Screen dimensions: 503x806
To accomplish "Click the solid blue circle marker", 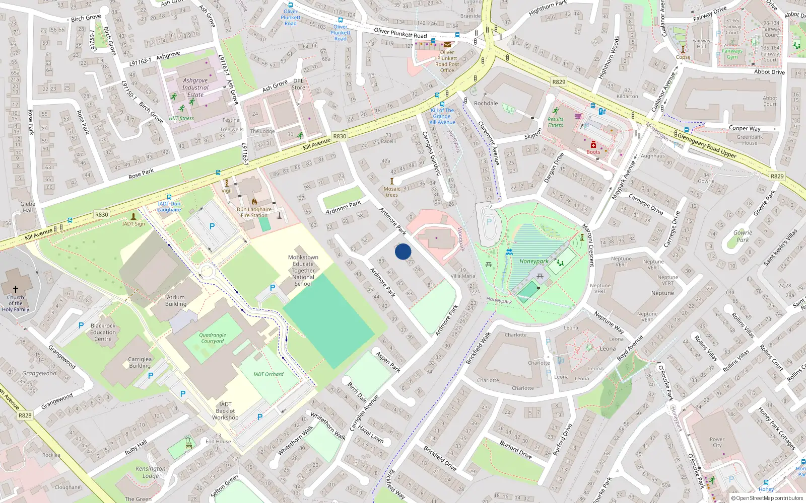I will pos(403,251).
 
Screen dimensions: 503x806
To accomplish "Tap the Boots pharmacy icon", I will pos(593,145).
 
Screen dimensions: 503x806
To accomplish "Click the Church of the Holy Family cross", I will pos(15,289).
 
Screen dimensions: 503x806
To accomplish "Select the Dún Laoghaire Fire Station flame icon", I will pos(254,202).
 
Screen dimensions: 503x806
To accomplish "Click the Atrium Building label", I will pos(176,301).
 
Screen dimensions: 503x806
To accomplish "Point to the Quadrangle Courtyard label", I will pos(213,338).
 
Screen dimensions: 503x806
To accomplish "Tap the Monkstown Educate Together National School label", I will pos(303,271).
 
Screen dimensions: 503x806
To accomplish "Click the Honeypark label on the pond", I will pos(534,261).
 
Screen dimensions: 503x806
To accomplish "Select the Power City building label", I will pos(717,442).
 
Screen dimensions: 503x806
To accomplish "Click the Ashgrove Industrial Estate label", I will pos(195,88).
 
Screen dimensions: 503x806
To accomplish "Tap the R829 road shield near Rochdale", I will pos(559,81).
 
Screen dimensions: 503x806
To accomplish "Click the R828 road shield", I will pos(25,415).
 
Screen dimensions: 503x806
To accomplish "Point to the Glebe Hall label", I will pos(28,207).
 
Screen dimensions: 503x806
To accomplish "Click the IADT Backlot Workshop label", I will pos(225,411).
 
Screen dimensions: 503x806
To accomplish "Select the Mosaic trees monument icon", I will pos(392,182).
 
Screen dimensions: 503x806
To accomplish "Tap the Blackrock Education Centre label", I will pos(103,332).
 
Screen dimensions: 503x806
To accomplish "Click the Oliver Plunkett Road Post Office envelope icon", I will pos(447,45).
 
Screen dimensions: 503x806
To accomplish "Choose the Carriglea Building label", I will pos(140,362).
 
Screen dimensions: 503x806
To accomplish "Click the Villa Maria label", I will pos(462,276).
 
